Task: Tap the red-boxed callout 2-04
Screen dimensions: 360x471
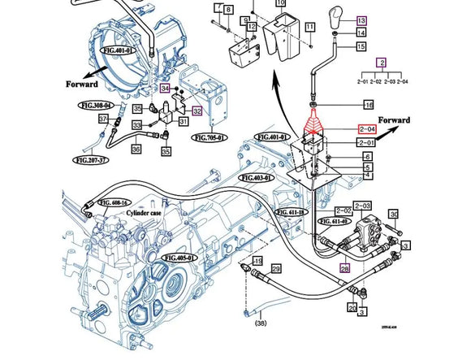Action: point(368,128)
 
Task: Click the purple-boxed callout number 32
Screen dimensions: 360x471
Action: point(197,111)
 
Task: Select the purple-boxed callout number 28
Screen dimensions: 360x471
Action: point(344,268)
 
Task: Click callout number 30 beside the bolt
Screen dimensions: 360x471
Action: point(394,215)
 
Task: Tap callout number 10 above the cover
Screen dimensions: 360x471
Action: point(280,3)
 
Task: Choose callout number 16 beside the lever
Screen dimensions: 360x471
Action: point(368,106)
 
